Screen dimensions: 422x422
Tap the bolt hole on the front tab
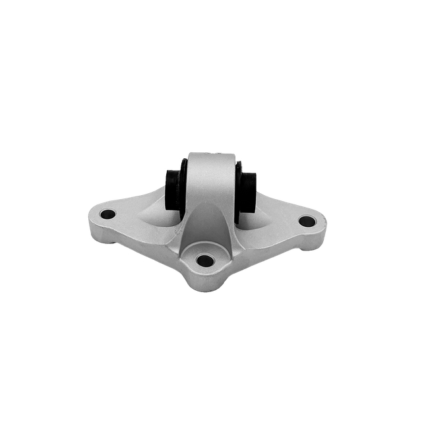pos(205,260)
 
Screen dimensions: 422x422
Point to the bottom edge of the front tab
pos(204,291)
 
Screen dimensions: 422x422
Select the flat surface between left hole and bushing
pos(135,208)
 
